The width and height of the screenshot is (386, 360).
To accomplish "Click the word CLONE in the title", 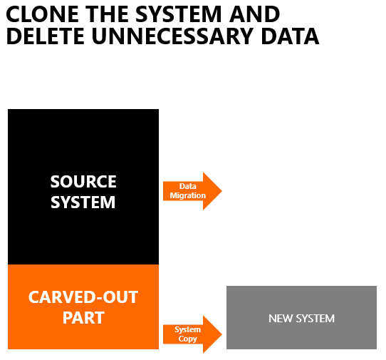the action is point(42,14).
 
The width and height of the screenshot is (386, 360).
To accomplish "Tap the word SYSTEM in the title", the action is point(179,14).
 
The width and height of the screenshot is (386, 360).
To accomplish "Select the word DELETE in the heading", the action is point(46,36).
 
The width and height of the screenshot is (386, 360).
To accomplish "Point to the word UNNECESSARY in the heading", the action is point(172,36).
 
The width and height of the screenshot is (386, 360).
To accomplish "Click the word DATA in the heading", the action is point(291,36).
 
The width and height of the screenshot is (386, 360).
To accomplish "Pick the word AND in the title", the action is point(254,14).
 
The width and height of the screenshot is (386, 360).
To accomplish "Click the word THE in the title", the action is point(107,14).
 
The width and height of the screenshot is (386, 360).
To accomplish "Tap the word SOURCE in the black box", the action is point(83,182).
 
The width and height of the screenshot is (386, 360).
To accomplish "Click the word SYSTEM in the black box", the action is point(83,202).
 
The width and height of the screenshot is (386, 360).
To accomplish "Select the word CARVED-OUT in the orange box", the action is point(83,297).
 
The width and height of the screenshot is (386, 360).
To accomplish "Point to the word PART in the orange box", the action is point(83,318).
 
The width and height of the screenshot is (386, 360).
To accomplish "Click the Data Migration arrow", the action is point(192,191).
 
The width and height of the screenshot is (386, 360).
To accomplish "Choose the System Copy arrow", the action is point(192,334).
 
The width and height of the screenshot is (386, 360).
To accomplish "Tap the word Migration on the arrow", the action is point(187,195).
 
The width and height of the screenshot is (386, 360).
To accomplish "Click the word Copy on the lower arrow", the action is point(187,339).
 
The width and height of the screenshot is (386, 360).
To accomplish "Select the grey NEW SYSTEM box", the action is point(301,317).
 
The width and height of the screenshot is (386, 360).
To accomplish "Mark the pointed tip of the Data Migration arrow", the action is point(222,191).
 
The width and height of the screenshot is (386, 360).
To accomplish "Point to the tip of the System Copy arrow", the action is point(222,334).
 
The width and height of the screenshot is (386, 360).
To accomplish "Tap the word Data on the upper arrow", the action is point(187,186).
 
